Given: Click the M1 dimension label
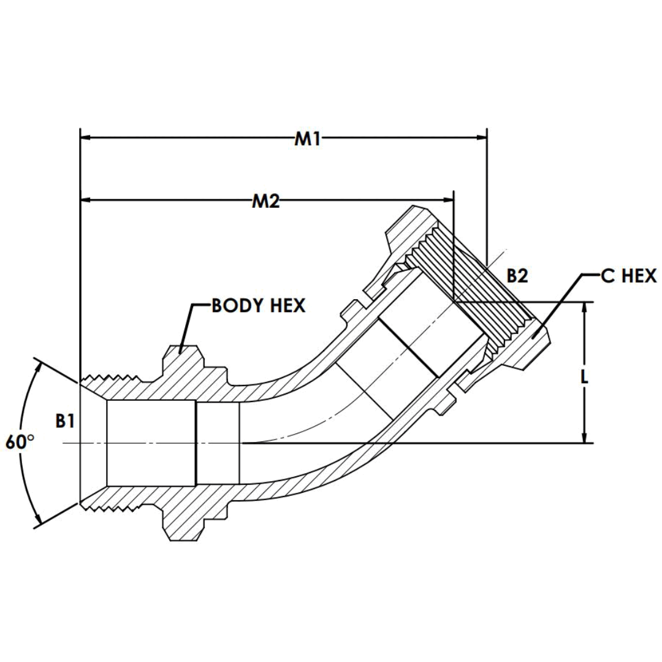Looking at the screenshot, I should click(x=308, y=139).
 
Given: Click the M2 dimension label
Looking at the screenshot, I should click(x=266, y=201).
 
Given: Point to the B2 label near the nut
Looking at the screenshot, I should click(x=517, y=276).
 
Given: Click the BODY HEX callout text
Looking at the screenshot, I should click(x=258, y=306).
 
